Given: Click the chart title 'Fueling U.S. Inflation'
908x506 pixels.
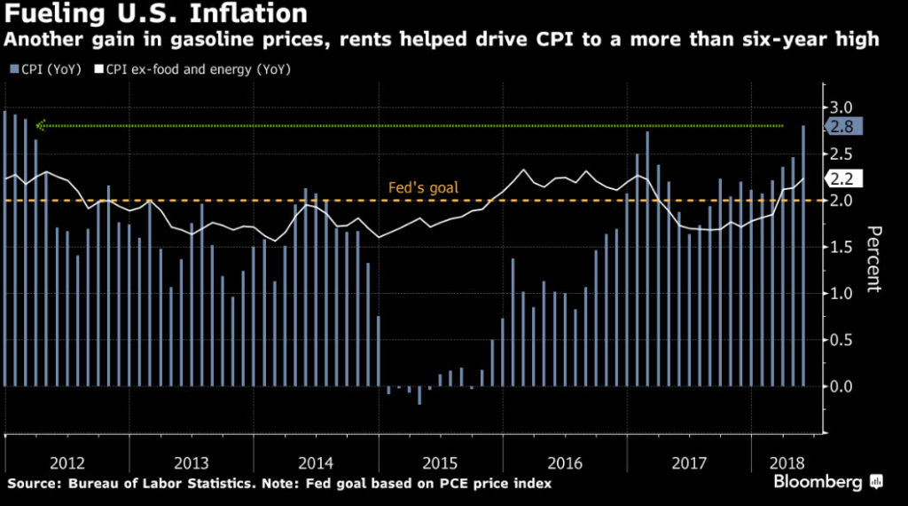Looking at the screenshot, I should [156, 14].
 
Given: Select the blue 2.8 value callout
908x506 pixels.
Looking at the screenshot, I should [841, 127].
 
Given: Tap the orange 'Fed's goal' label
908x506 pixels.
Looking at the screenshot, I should [423, 188].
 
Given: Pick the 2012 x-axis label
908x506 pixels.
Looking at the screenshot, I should [67, 463].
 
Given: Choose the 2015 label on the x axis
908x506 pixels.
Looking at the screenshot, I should [441, 463].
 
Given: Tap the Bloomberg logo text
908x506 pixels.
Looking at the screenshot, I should [818, 483].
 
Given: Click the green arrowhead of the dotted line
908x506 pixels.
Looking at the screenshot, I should [40, 125].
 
